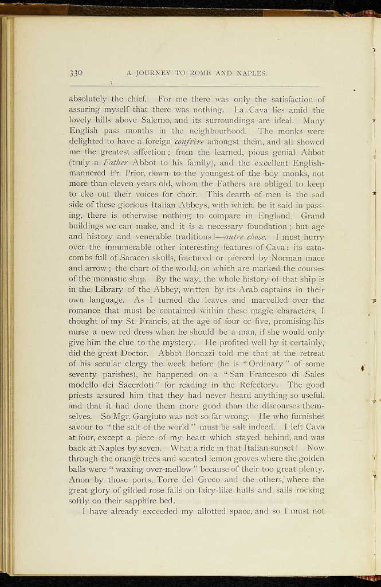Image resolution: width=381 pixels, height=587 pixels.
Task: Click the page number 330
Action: click(x=76, y=73)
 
